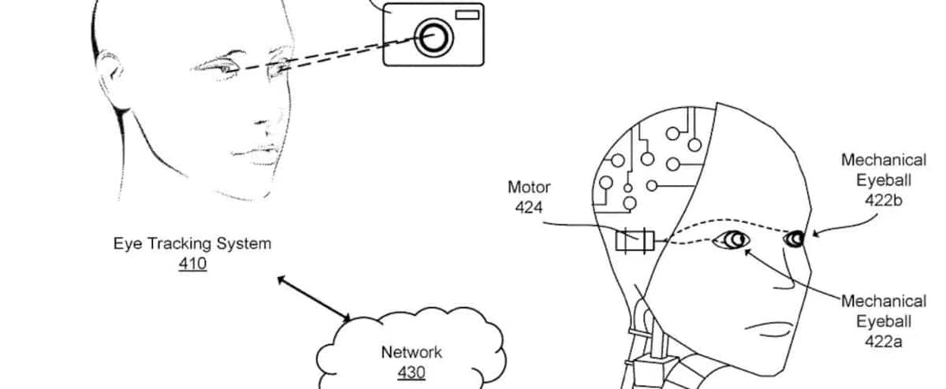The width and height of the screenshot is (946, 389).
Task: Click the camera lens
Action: tap(433, 36)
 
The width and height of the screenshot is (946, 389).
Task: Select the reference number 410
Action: tap(192, 264)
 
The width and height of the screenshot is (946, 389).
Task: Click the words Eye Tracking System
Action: tap(192, 243)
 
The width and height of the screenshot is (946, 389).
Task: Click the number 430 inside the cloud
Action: tap(412, 372)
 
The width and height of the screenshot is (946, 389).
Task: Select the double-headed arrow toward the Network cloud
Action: tap(314, 298)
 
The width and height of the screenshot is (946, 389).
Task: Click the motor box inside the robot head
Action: tap(634, 239)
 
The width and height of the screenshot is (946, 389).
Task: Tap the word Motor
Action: tap(528, 188)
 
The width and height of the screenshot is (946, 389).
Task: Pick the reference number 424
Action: tap(528, 207)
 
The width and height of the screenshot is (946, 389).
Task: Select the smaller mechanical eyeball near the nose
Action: tap(795, 237)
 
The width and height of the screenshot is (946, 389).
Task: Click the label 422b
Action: tap(883, 200)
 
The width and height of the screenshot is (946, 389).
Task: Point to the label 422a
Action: tap(883, 341)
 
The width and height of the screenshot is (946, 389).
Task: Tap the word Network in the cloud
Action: tap(412, 352)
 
